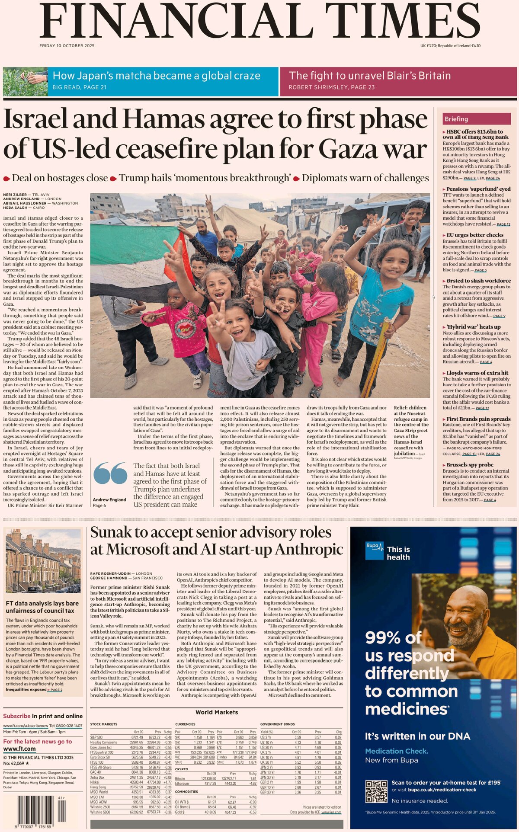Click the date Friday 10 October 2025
(67, 46)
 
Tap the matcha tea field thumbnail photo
(25, 81)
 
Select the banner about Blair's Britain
(398, 81)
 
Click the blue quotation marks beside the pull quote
(110, 473)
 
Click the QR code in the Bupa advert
(376, 792)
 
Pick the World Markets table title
(216, 712)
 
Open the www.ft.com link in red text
(19, 749)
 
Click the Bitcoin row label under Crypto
(180, 778)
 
